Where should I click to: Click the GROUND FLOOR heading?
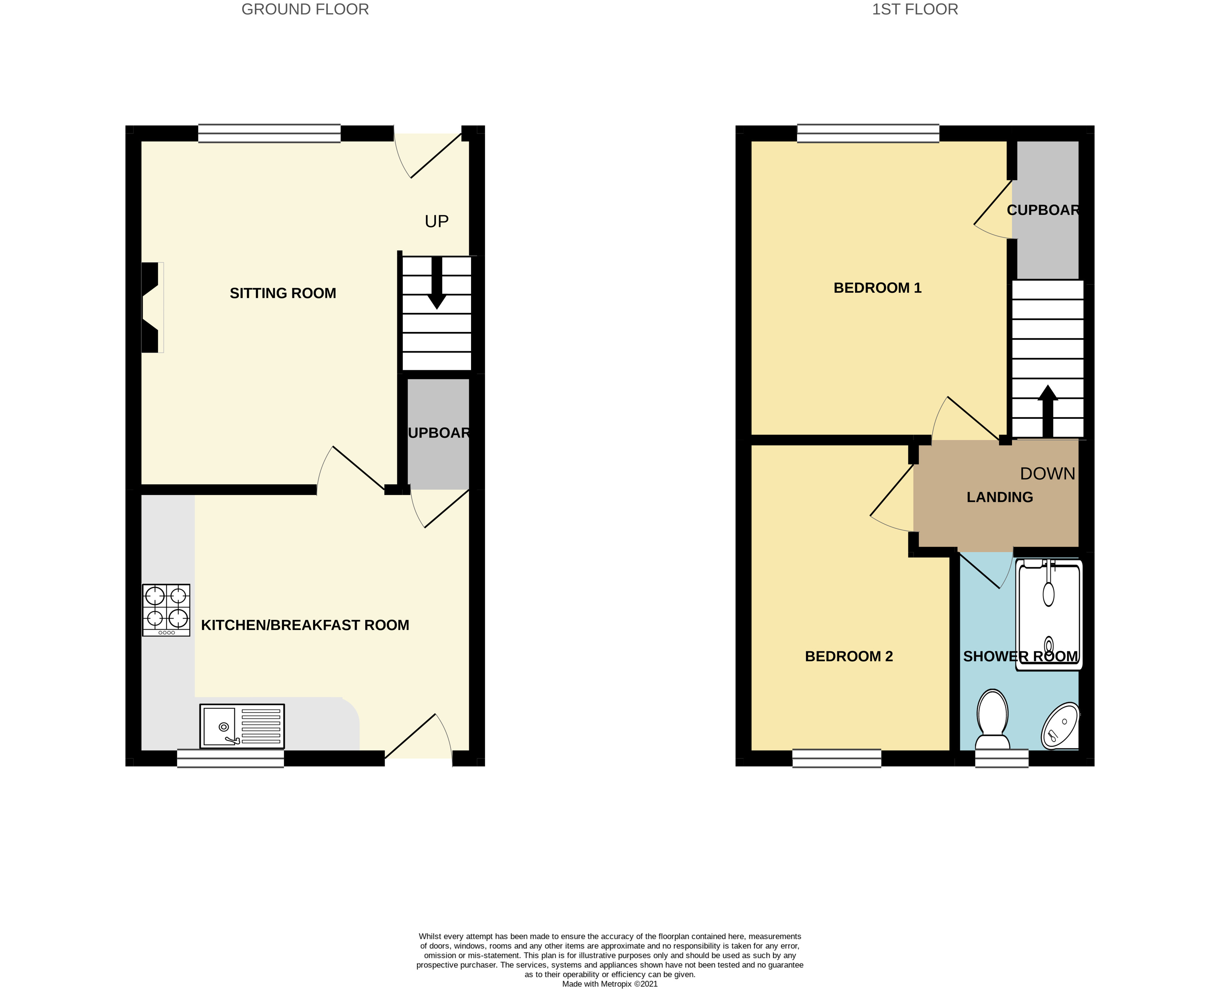pyautogui.click(x=305, y=10)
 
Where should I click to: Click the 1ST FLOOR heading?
pyautogui.click(x=915, y=10)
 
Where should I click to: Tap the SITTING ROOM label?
pyautogui.click(x=283, y=293)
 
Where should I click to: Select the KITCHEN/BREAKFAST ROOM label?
pyautogui.click(x=305, y=625)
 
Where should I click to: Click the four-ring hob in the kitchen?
pyautogui.click(x=166, y=610)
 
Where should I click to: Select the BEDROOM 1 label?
pyautogui.click(x=877, y=288)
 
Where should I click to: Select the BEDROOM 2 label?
pyautogui.click(x=848, y=656)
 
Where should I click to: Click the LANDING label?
pyautogui.click(x=999, y=497)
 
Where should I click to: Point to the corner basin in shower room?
pyautogui.click(x=1060, y=727)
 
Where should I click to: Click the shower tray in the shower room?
pyautogui.click(x=1048, y=615)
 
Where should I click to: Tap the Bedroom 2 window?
pyautogui.click(x=836, y=758)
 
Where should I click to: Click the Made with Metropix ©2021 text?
pyautogui.click(x=609, y=984)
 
